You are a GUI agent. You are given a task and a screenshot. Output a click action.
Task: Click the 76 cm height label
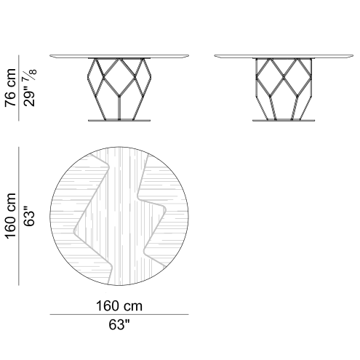pyautogui.click(x=10, y=87)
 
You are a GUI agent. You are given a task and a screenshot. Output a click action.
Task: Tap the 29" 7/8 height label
pyautogui.click(x=30, y=87)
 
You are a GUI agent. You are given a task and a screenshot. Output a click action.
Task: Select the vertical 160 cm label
pyautogui.click(x=10, y=216)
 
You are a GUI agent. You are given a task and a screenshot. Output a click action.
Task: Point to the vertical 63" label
pyautogui.click(x=30, y=216)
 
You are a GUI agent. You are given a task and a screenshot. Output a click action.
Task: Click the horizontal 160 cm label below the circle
pyautogui.click(x=119, y=305)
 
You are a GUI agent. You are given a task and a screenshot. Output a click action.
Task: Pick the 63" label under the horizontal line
pyautogui.click(x=119, y=324)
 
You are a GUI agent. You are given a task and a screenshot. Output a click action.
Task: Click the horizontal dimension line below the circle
pyautogui.click(x=119, y=314)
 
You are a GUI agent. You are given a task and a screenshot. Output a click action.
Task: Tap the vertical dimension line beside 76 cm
pyautogui.click(x=19, y=88)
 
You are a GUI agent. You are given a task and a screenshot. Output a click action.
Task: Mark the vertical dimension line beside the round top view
pyautogui.click(x=19, y=216)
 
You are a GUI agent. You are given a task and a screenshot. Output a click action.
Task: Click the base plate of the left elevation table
pyautogui.click(x=119, y=120)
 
